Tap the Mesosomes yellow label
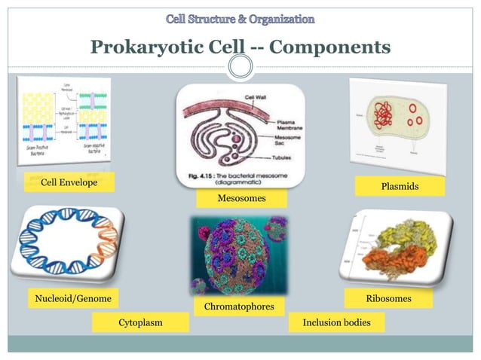tap(241, 198)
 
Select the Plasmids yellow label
tap(400, 185)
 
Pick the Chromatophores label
tap(239, 307)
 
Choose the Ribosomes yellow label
tap(388, 299)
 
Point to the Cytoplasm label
tap(140, 323)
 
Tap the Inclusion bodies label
tap(336, 323)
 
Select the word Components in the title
tap(329, 48)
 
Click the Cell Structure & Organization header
tap(240, 17)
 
